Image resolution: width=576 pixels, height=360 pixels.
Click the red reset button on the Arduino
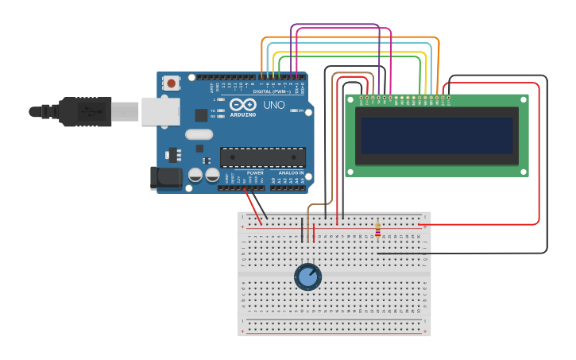tap(172, 82)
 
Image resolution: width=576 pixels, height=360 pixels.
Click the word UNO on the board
tap(273, 105)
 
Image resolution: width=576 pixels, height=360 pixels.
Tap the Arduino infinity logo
tap(242, 104)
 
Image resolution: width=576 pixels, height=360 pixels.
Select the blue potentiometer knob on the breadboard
tap(307, 277)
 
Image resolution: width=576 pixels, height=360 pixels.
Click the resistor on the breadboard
tap(377, 230)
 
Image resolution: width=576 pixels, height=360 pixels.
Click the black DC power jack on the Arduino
tap(165, 178)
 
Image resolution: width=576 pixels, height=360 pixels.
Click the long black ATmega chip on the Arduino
tap(262, 157)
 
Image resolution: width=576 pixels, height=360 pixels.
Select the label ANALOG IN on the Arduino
tap(291, 172)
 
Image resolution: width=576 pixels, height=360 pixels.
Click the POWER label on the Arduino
tap(255, 172)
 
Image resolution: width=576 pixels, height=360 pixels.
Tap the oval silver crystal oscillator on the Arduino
tap(199, 134)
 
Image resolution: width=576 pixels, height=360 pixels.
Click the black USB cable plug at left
tap(84, 111)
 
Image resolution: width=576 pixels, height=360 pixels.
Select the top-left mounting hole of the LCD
tap(351, 101)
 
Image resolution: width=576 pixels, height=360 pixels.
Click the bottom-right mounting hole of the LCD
tap(522, 170)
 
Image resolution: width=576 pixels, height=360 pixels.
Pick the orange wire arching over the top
tap(350, 38)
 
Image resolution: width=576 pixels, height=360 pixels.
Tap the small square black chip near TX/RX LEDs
tap(202, 114)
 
